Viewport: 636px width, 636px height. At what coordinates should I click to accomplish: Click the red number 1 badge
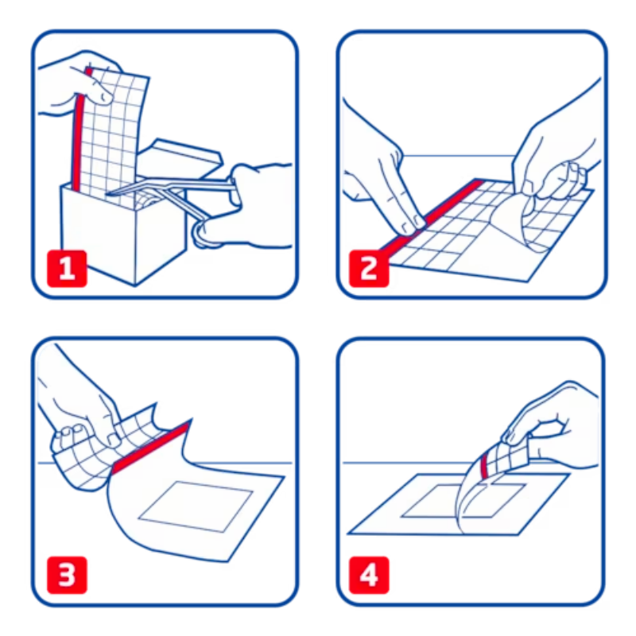point(67,269)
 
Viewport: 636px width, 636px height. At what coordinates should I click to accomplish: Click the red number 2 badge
point(369,269)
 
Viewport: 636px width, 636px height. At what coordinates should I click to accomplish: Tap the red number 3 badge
point(67,575)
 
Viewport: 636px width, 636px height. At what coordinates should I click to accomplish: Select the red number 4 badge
point(369,575)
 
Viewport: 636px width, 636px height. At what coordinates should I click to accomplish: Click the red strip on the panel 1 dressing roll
point(79,130)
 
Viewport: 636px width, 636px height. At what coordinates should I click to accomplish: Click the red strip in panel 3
point(151,447)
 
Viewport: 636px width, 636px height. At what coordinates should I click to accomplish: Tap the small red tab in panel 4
point(484,467)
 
